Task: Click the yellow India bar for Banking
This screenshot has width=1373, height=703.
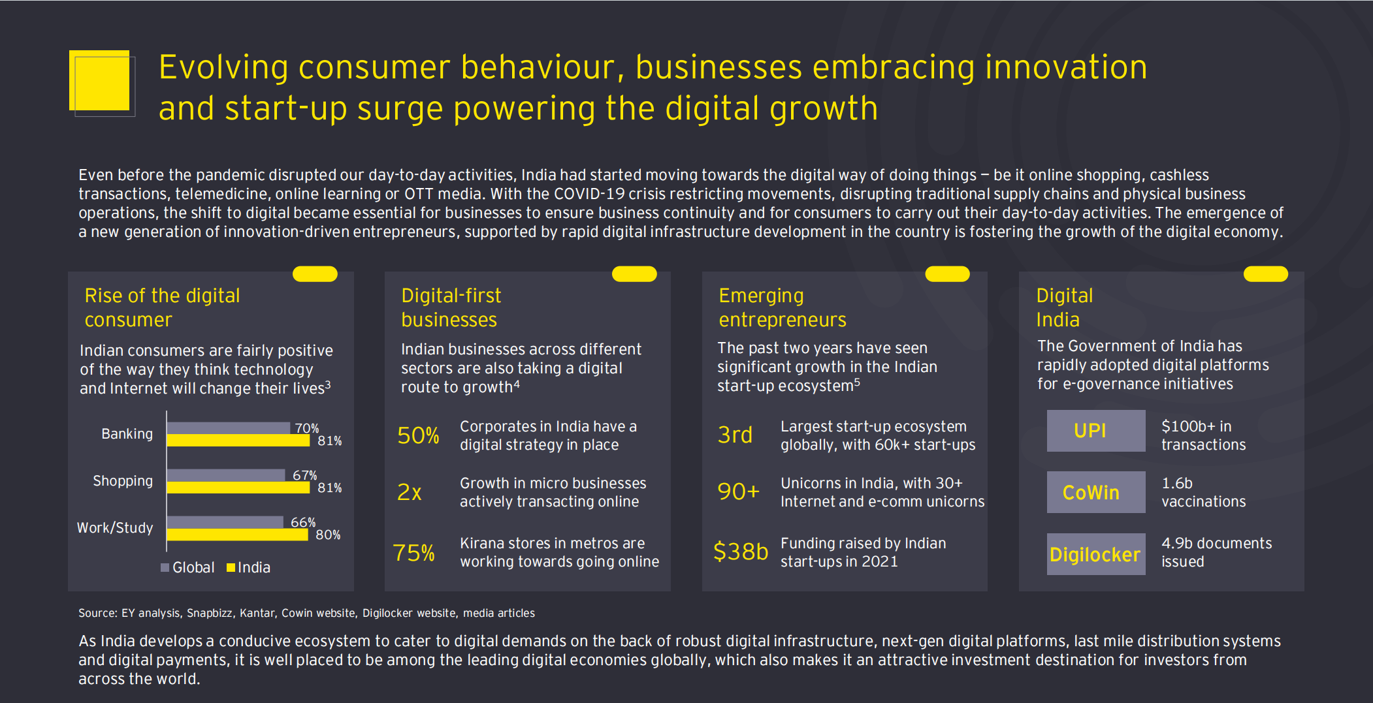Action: coord(238,441)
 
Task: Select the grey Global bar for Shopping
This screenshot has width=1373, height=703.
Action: coord(226,475)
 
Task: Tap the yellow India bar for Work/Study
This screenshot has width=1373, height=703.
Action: coord(237,535)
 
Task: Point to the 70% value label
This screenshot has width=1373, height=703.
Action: coord(306,428)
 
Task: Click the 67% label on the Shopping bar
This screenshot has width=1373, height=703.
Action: coord(304,475)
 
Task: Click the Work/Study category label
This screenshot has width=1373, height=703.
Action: coord(115,527)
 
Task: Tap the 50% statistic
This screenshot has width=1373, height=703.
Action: coord(418,435)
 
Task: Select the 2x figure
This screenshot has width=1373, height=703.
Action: coord(410,492)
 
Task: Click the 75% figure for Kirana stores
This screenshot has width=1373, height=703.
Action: coord(413,553)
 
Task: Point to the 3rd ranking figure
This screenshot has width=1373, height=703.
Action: coord(735,435)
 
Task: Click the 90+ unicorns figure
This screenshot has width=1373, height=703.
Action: coord(738,492)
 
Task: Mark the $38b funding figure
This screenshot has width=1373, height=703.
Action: coord(740,552)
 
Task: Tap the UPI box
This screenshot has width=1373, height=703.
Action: coord(1096,431)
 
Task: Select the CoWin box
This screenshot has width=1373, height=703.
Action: coord(1096,492)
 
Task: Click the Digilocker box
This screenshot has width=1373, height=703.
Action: coord(1096,554)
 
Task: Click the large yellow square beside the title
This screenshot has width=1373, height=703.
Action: coord(100,80)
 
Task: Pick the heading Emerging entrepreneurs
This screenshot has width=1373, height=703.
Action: coord(782,307)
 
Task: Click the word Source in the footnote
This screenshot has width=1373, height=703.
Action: coord(97,613)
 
